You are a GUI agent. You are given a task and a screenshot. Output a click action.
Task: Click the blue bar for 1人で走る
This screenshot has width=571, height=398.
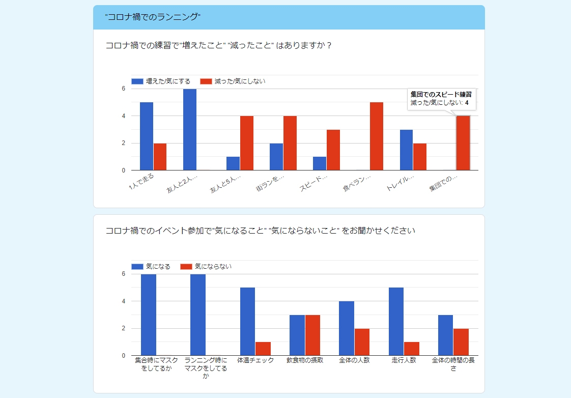click(x=147, y=136)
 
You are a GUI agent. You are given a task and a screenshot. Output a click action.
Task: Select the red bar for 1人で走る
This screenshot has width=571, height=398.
click(x=160, y=157)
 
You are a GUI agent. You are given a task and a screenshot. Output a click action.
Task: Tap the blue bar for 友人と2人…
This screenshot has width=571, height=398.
click(x=190, y=129)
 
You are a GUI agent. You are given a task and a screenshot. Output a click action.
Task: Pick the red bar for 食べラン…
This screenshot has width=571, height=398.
click(x=377, y=136)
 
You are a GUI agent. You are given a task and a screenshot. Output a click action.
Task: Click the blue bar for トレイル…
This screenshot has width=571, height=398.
click(x=406, y=150)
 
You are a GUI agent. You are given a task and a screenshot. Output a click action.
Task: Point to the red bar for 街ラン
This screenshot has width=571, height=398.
click(x=290, y=143)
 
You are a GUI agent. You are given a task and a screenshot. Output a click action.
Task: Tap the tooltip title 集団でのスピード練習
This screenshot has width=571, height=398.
click(x=441, y=94)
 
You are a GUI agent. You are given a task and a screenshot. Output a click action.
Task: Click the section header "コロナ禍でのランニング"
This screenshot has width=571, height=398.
click(x=153, y=17)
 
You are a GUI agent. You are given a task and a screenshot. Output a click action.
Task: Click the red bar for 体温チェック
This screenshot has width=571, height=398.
click(x=263, y=349)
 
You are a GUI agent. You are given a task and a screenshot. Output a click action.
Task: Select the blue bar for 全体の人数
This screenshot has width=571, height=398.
click(x=347, y=328)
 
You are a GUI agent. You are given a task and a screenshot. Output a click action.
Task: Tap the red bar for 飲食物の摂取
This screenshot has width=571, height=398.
click(x=312, y=335)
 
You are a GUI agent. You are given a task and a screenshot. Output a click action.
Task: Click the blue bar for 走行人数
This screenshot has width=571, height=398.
click(x=396, y=321)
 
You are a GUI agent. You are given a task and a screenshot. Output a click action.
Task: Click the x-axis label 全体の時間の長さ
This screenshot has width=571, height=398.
click(x=452, y=364)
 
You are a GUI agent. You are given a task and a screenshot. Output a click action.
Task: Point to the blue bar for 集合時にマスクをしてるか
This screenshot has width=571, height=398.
click(x=149, y=315)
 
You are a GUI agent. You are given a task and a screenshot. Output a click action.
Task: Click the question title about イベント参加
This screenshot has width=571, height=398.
click(x=260, y=231)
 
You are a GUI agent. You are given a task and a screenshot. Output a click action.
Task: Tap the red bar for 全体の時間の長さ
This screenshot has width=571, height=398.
click(x=461, y=342)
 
